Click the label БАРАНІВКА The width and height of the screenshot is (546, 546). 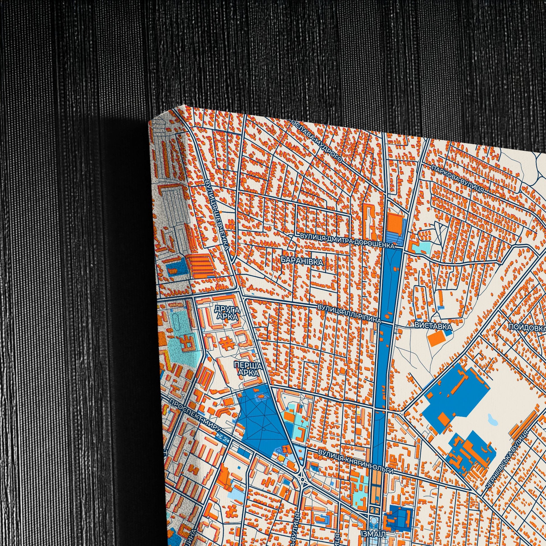tap(302, 261)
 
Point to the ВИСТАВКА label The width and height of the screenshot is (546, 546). tap(433, 326)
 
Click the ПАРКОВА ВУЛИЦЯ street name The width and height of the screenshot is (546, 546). tap(458, 180)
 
